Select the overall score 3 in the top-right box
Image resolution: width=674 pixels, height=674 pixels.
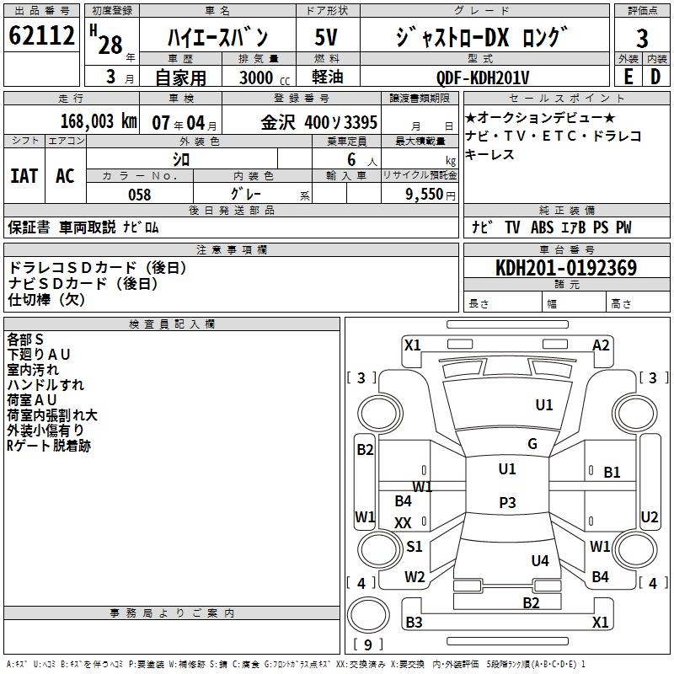(642, 38)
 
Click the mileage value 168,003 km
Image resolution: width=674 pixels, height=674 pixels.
(98, 120)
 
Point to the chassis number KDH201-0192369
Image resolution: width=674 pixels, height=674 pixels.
(565, 268)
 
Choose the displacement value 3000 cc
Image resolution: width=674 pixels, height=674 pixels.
(256, 78)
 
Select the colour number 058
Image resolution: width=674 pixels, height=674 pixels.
(139, 195)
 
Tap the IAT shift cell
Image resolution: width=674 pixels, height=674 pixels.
(24, 176)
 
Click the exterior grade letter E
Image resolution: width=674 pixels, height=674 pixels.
(628, 78)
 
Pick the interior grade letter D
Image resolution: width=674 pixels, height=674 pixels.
(655, 78)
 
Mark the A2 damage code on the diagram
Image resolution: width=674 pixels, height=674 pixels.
(601, 345)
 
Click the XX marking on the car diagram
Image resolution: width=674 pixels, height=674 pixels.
(403, 523)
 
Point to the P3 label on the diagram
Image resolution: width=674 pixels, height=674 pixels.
(507, 503)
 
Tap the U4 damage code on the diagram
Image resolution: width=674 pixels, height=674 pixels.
(540, 560)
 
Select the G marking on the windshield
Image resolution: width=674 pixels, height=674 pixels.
(532, 444)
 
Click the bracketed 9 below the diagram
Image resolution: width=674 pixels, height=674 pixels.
(368, 645)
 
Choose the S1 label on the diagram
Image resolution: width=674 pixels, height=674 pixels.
(415, 547)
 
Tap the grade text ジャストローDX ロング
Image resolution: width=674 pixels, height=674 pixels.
(482, 37)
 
